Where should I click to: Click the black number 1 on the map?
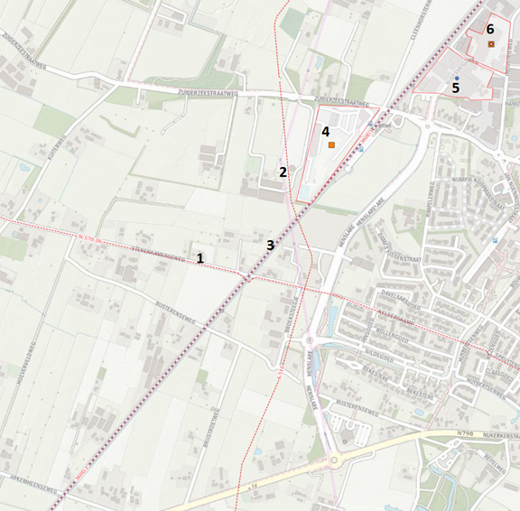click(200, 258)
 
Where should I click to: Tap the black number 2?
click(283, 172)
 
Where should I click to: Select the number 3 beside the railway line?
click(269, 245)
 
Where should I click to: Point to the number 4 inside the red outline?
click(325, 131)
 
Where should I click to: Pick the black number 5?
click(455, 88)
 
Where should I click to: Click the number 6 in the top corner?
click(490, 29)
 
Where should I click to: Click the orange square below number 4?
click(332, 144)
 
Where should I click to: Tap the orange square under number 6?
click(491, 43)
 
